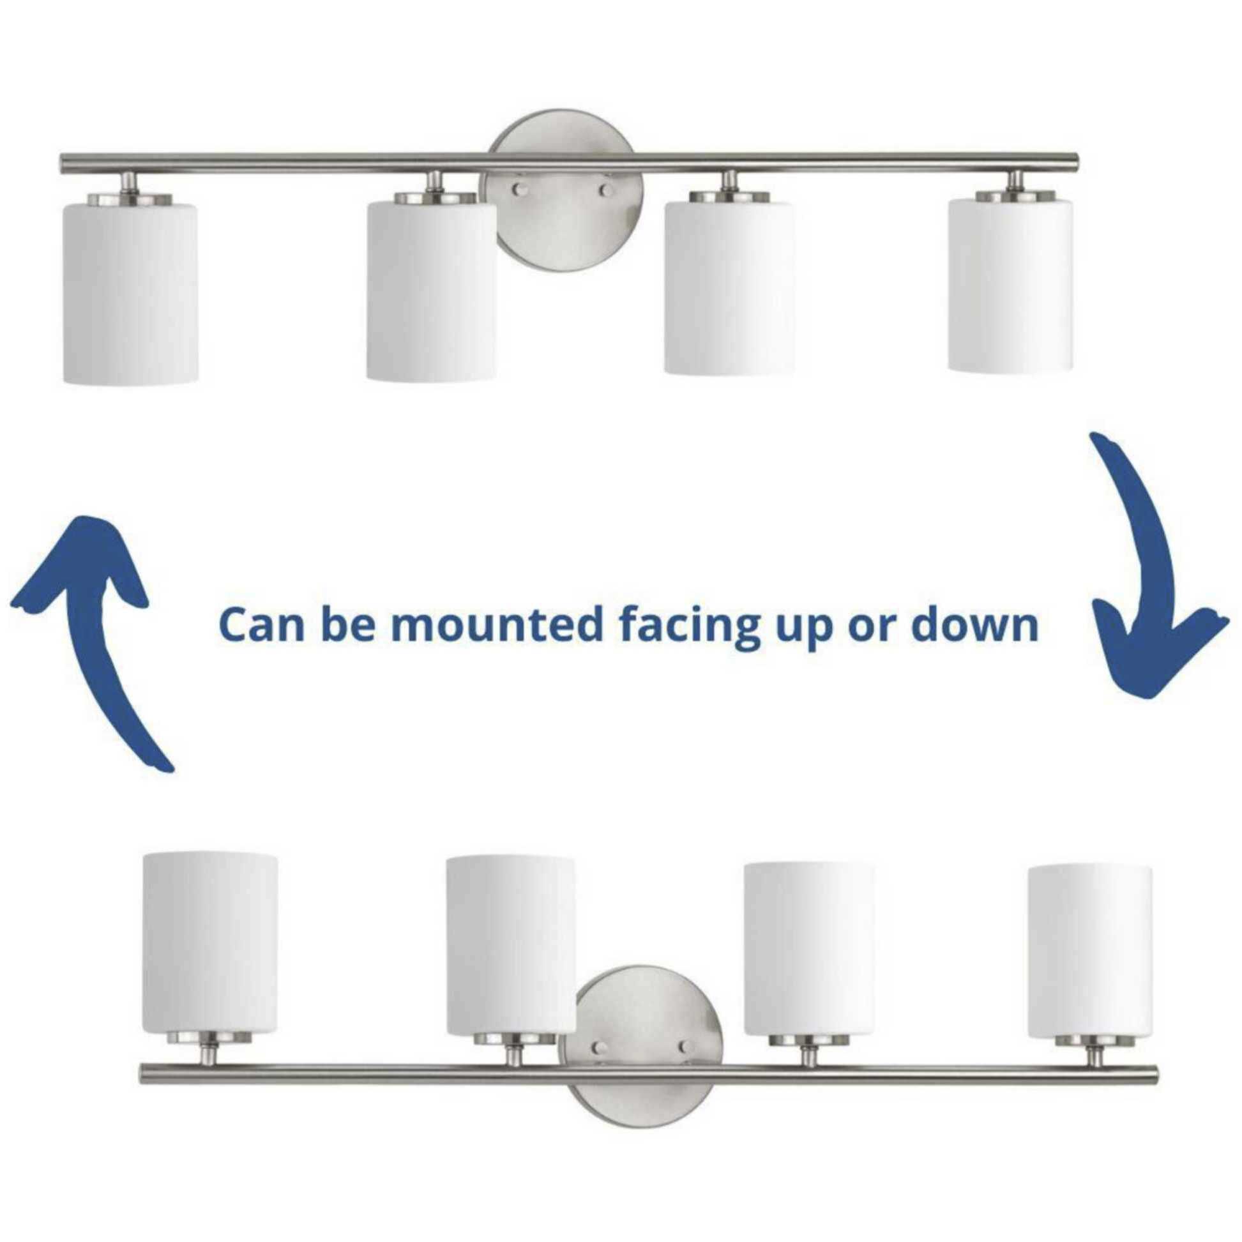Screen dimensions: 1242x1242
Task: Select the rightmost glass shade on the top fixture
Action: tap(1010, 285)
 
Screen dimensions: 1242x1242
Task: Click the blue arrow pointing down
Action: tap(1151, 579)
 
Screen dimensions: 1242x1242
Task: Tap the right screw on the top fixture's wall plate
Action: tap(605, 190)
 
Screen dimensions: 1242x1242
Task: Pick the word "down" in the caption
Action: tap(974, 625)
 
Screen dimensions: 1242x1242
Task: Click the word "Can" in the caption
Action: tap(261, 626)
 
